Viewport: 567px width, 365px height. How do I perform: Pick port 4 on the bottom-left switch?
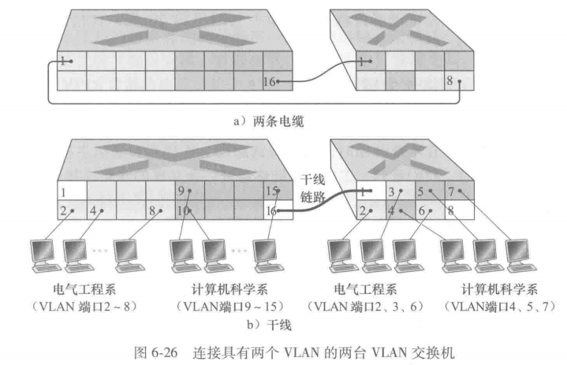point(99,210)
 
